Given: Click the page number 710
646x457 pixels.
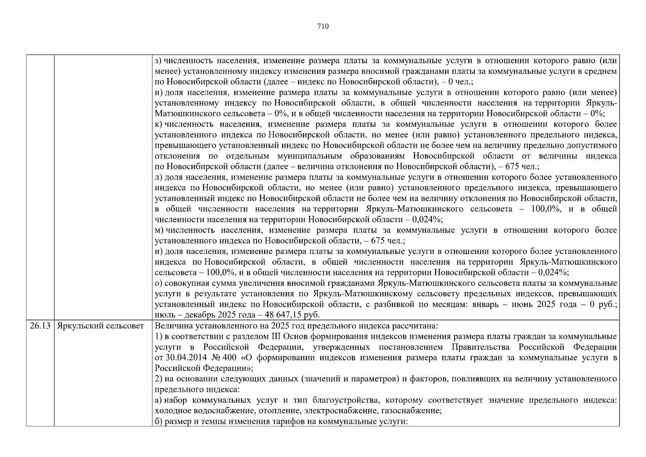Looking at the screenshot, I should coord(323,26).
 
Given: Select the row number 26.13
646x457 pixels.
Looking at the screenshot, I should coord(40,326).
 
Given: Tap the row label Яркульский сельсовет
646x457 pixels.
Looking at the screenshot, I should coord(100,326).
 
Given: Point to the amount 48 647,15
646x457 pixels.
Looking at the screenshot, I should coord(285,315).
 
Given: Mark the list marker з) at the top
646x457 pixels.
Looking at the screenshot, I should coord(158,61).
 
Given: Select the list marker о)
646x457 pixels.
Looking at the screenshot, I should coord(159,283).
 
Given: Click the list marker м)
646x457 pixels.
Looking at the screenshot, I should coord(159,230).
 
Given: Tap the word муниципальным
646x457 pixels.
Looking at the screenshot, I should coord(309,156).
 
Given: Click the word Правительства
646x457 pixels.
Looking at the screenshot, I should coord(481,347).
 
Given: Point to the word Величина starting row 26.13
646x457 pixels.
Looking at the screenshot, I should coord(171,326).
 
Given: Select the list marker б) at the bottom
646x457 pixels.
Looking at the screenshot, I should coord(159,422).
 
